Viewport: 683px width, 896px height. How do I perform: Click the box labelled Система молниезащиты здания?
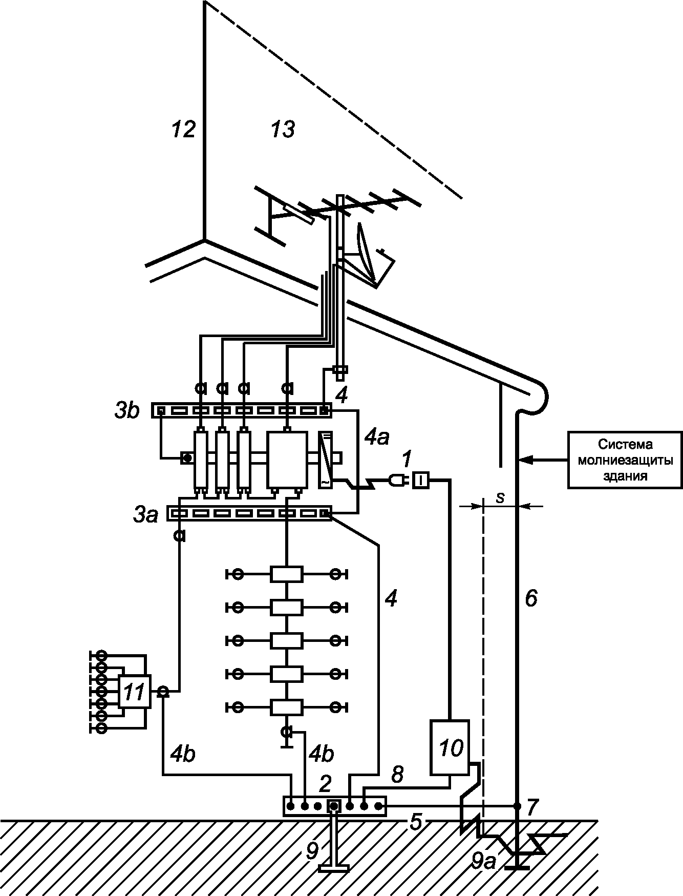pyautogui.click(x=625, y=460)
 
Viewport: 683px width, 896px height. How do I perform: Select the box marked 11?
pyautogui.click(x=135, y=692)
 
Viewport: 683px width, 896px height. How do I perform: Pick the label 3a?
pyautogui.click(x=145, y=515)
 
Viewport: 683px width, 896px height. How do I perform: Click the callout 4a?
pyautogui.click(x=376, y=439)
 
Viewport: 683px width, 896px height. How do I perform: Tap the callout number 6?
pyautogui.click(x=531, y=598)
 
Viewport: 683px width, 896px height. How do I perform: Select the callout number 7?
pyautogui.click(x=532, y=807)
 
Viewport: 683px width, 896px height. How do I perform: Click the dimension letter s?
pyautogui.click(x=500, y=497)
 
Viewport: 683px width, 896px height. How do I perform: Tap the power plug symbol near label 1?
pyautogui.click(x=396, y=480)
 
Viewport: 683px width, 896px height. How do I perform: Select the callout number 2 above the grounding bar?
pyautogui.click(x=325, y=783)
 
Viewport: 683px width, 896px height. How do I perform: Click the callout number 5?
pyautogui.click(x=415, y=822)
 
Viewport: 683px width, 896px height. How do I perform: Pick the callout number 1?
pyautogui.click(x=405, y=460)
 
